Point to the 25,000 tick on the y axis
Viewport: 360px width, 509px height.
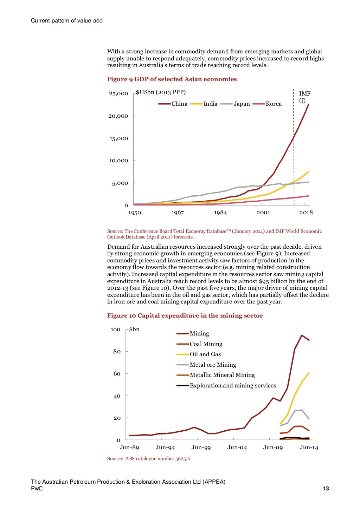pos(118,93)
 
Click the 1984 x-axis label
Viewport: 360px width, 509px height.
pos(220,213)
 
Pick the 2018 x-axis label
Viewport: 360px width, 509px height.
pos(306,213)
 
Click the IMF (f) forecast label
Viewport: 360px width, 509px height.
pos(304,97)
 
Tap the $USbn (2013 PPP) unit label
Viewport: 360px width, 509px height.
pos(161,92)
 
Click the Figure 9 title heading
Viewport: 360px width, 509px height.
pos(172,79)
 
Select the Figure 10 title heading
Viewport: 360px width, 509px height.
pos(185,315)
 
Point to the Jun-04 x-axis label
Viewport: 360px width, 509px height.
pos(237,447)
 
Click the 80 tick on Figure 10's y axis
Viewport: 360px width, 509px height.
pos(117,351)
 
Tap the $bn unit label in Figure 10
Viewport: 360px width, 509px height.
pos(134,329)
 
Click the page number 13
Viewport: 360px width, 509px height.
pos(326,488)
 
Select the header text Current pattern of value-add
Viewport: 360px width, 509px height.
pos(67,20)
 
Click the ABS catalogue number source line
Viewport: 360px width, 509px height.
pos(149,458)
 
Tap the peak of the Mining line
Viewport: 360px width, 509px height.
pos(302,335)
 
